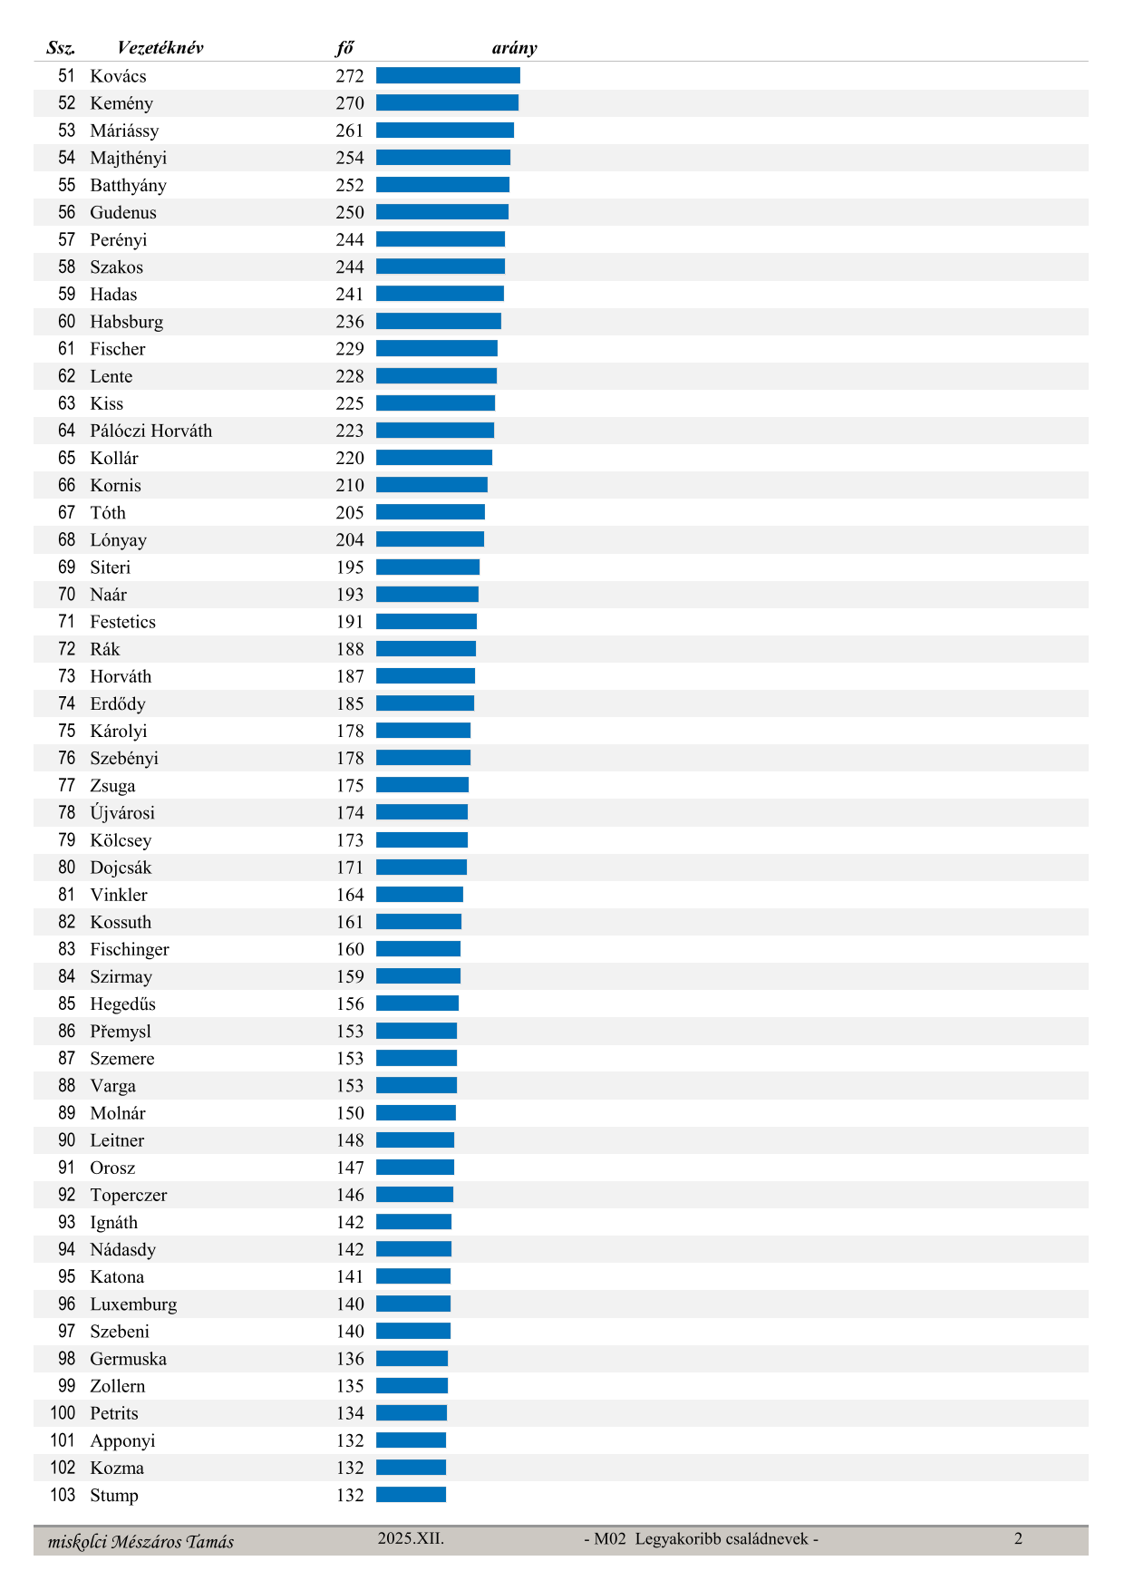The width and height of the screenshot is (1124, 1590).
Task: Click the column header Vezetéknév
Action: tap(160, 48)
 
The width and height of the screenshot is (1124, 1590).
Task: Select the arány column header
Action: tap(514, 48)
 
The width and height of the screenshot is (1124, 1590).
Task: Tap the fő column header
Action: tap(344, 48)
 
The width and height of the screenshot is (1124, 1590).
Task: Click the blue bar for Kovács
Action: tap(448, 76)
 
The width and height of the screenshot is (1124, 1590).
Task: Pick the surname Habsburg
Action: tap(126, 322)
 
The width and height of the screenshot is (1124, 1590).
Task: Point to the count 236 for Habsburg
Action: tap(350, 322)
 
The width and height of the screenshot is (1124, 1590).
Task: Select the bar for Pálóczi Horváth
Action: tap(435, 431)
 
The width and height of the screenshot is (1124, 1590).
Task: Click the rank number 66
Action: tap(67, 485)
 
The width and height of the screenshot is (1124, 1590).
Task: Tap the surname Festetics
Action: tap(122, 622)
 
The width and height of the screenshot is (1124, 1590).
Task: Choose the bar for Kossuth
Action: tap(419, 922)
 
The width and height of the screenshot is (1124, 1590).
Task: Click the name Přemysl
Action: tap(121, 1032)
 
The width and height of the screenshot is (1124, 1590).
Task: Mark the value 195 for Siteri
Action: tap(350, 567)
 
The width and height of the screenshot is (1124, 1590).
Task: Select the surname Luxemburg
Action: tap(133, 1304)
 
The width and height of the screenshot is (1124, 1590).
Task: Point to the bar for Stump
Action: tap(411, 1495)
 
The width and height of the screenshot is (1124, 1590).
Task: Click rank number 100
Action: tap(63, 1413)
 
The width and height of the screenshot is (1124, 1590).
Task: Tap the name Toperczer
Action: tap(128, 1195)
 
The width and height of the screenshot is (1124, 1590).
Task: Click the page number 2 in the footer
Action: tap(1018, 1538)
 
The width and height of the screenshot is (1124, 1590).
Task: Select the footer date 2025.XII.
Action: tap(411, 1538)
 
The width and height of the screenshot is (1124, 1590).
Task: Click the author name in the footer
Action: tap(140, 1542)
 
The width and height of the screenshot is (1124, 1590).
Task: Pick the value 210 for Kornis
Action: tap(350, 485)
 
